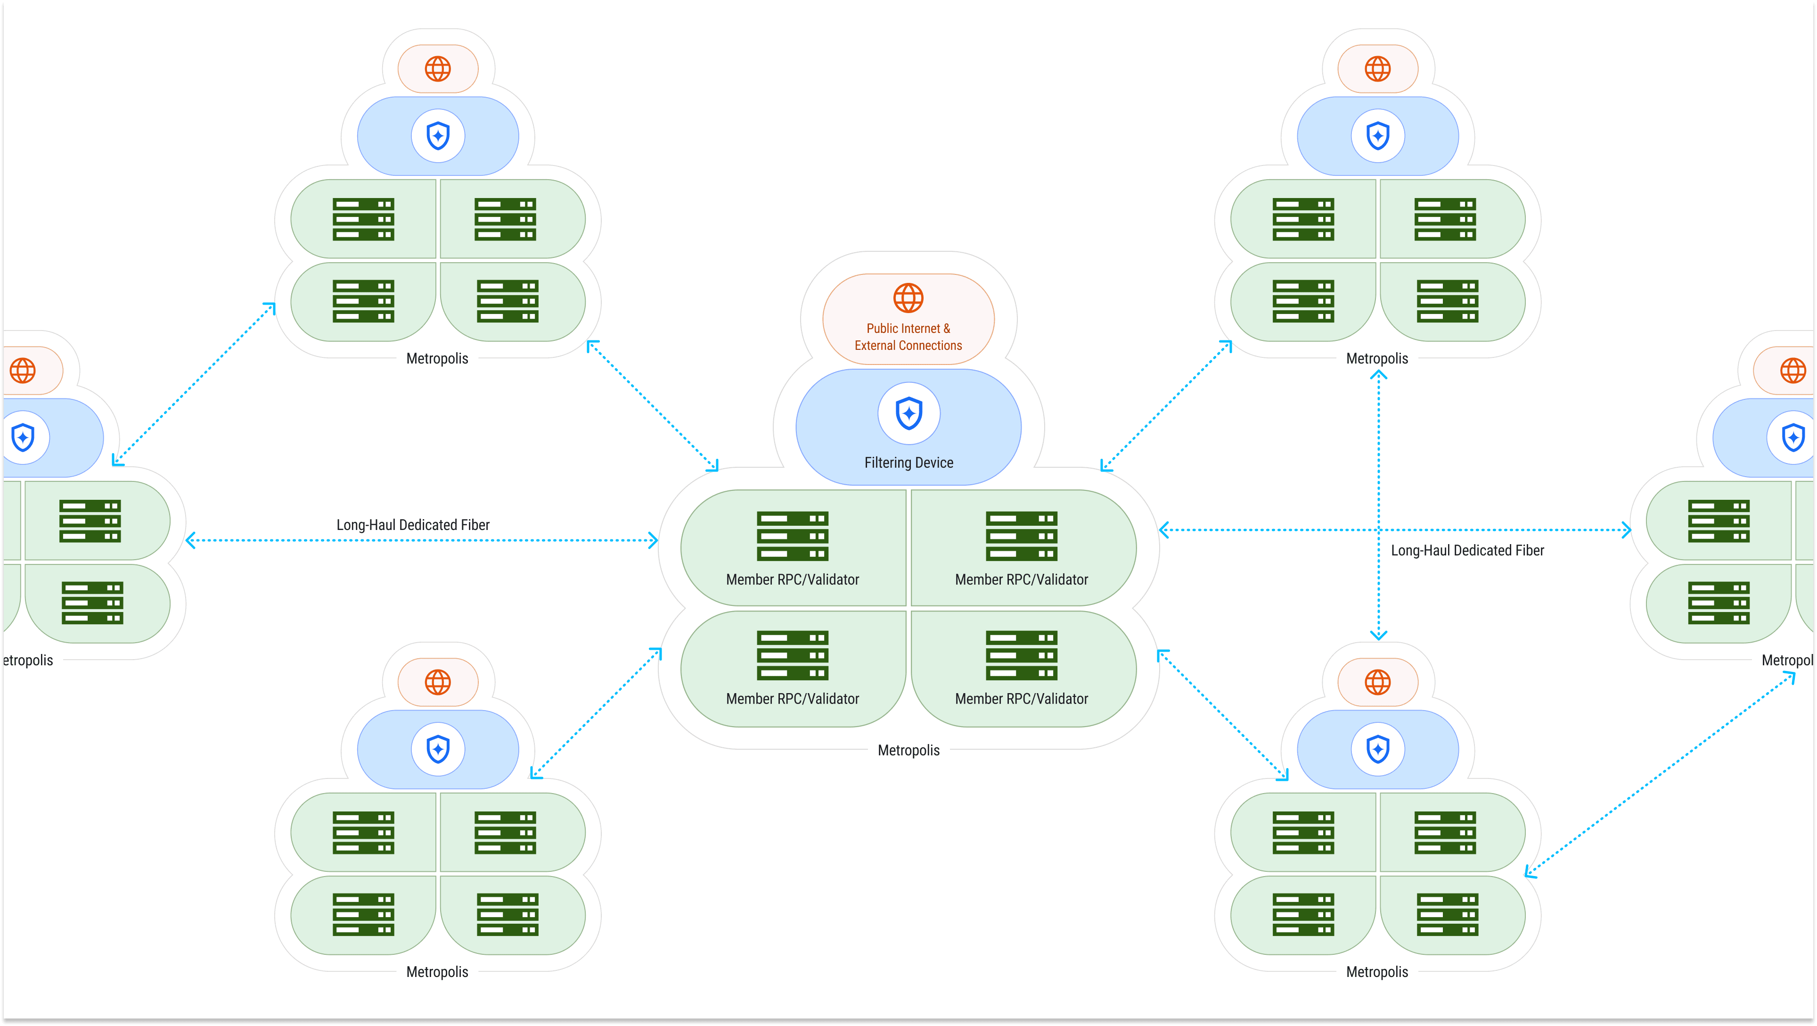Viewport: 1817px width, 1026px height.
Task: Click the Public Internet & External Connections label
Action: pyautogui.click(x=908, y=337)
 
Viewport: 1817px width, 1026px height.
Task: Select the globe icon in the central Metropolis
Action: pyautogui.click(x=908, y=298)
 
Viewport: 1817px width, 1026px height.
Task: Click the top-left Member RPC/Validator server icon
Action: pyautogui.click(x=792, y=536)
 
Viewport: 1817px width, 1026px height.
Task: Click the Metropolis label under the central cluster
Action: pyautogui.click(x=908, y=750)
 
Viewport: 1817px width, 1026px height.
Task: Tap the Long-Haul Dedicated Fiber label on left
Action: pyautogui.click(x=413, y=525)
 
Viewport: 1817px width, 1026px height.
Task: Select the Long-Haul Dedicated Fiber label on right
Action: pyautogui.click(x=1467, y=550)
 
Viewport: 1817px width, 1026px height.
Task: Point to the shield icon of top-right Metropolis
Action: pyautogui.click(x=1377, y=135)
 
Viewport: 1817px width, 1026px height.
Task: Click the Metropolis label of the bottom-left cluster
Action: pyautogui.click(x=437, y=972)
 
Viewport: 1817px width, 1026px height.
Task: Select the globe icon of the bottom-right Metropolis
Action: pyautogui.click(x=1377, y=682)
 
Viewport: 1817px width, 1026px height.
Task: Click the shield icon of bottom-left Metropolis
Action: pyautogui.click(x=437, y=749)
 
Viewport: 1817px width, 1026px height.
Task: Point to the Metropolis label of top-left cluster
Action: pyautogui.click(x=437, y=358)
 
